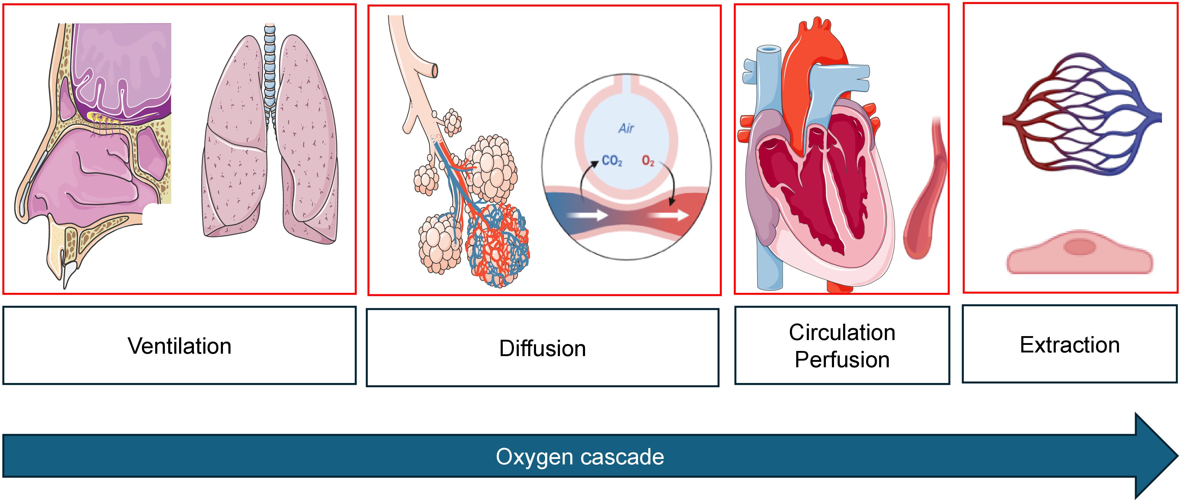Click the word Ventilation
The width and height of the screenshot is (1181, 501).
point(179,346)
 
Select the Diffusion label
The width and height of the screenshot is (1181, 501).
point(542,348)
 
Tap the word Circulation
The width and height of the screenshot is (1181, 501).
point(842,332)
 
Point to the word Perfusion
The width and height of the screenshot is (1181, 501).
point(842,360)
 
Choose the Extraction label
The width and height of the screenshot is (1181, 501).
point(1070,345)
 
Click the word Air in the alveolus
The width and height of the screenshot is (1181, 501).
point(626,128)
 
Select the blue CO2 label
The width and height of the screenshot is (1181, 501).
point(612,161)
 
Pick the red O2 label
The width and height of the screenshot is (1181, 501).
point(648,161)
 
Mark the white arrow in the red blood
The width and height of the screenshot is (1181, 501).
point(671,215)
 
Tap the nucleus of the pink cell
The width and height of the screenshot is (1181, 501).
point(1079,247)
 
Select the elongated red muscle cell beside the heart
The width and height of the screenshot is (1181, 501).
point(926,192)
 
